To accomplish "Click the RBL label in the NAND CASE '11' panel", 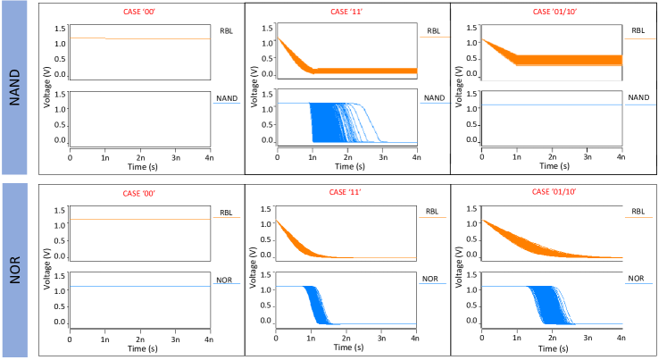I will [x=433, y=31].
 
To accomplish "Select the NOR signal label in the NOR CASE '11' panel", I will [x=433, y=279].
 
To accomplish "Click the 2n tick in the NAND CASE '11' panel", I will [x=347, y=156].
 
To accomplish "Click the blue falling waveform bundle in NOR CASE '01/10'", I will [x=552, y=304].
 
